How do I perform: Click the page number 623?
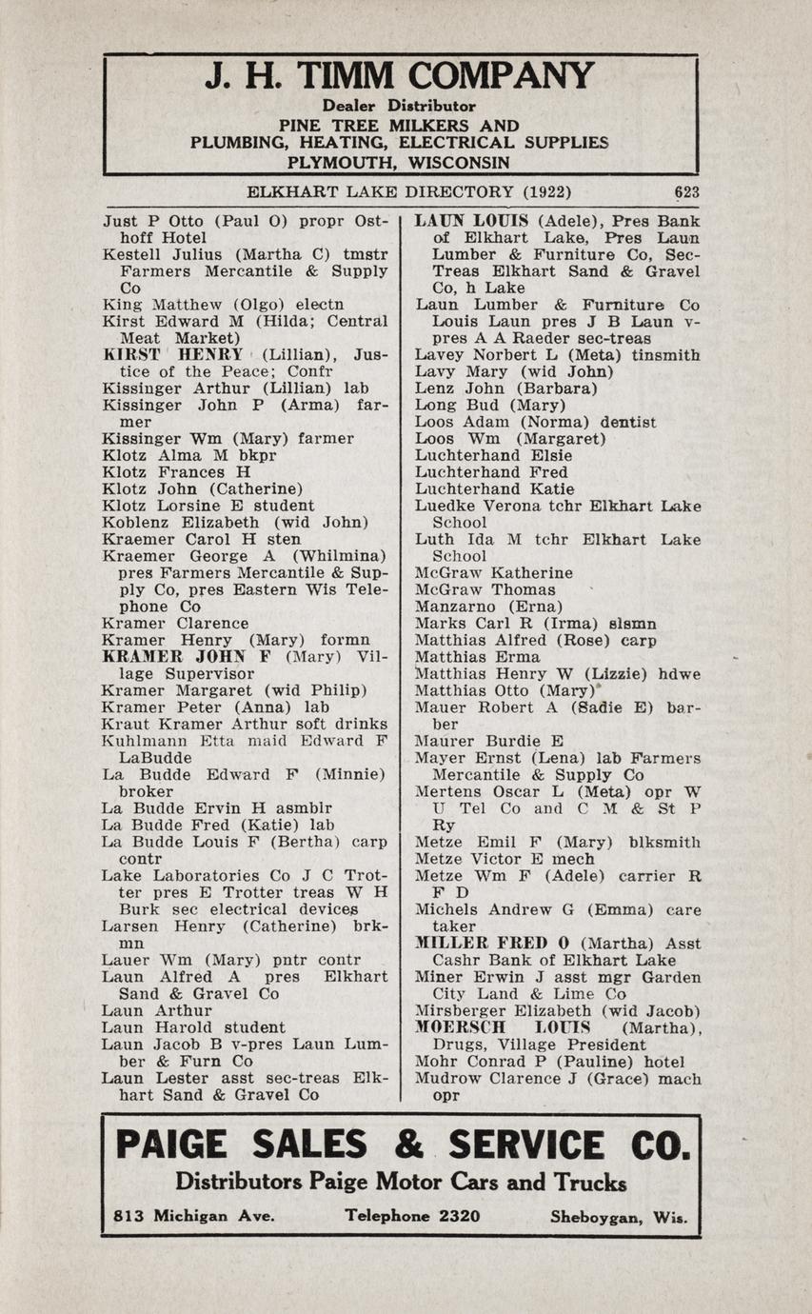coord(686,191)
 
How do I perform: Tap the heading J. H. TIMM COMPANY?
coord(399,77)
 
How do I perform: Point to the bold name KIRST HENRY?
coord(173,355)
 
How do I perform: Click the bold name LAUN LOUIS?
coord(473,221)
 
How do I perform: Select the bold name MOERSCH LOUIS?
coord(489,1028)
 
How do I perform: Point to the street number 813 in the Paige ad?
coord(129,1216)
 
